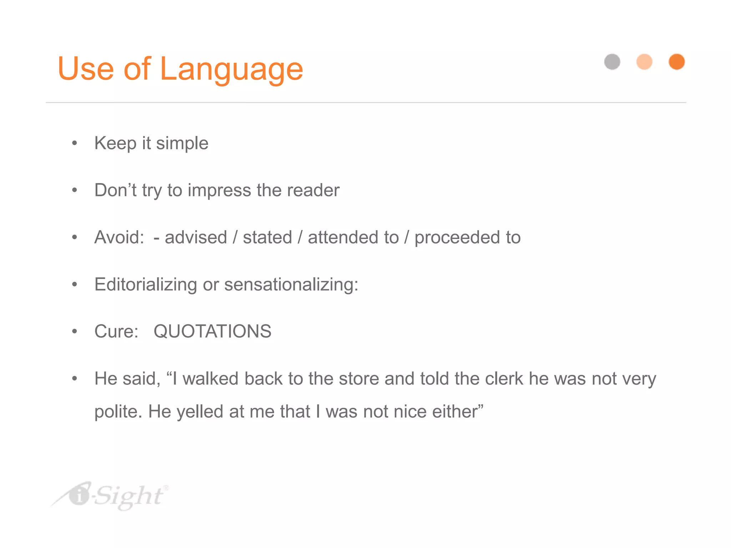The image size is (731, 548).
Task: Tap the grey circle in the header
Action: tap(612, 62)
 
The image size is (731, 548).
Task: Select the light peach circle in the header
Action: tap(644, 62)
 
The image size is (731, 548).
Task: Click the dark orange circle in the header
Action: tap(676, 62)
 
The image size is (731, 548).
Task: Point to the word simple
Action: tap(182, 144)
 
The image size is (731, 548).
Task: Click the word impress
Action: tap(219, 191)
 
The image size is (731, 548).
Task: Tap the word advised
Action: tap(196, 237)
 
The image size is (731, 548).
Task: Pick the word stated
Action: tap(267, 237)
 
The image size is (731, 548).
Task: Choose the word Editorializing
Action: tap(146, 285)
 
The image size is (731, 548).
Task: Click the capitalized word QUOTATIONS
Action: tap(212, 331)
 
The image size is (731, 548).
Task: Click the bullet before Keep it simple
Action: tap(75, 143)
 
